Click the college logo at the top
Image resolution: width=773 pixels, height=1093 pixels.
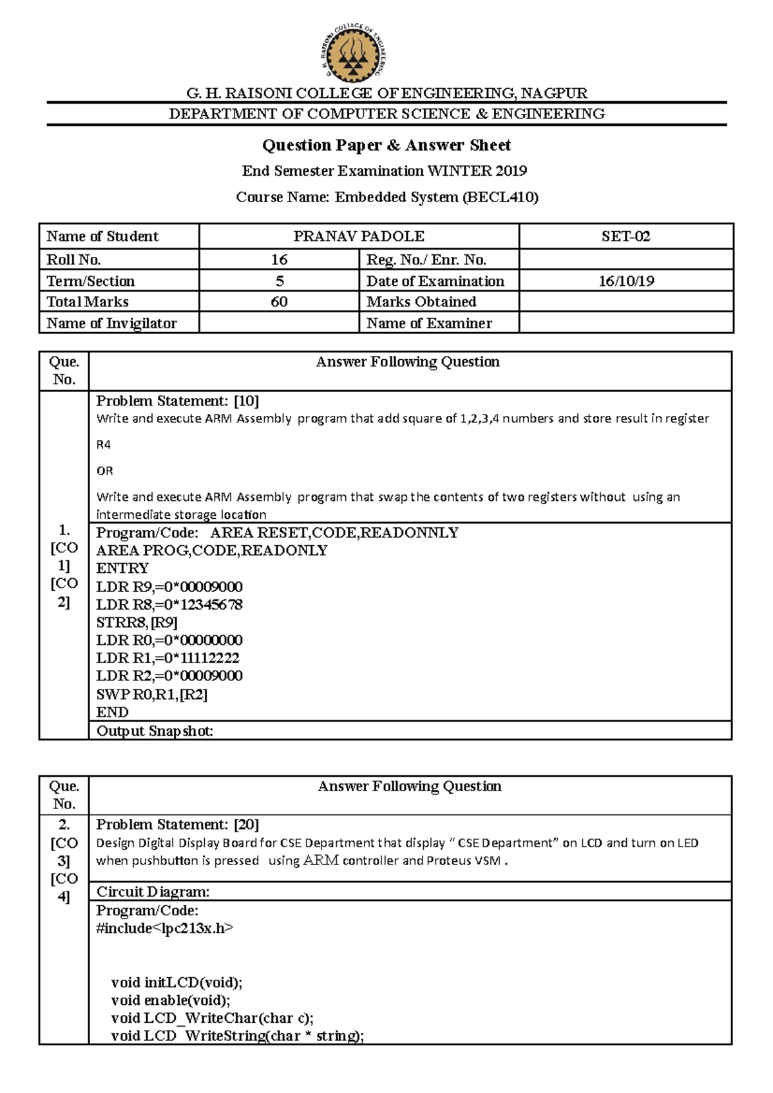coord(354,55)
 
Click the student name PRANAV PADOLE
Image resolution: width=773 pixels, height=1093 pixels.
coord(359,236)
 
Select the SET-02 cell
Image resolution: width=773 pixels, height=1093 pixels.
coord(625,236)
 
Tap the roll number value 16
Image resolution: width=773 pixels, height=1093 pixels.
coord(279,259)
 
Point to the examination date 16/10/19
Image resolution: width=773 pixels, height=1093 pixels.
coord(626,281)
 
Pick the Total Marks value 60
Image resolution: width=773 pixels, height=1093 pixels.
coord(279,302)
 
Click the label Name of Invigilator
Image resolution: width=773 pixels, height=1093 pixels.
coord(111,323)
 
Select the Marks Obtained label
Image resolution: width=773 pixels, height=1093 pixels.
coord(421,302)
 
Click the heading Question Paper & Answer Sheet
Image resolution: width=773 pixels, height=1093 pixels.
coord(386,145)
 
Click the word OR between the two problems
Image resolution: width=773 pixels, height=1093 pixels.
coord(104,471)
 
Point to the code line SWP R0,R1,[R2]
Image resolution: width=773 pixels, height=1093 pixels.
coord(151,694)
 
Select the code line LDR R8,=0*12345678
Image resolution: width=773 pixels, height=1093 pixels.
coord(169,604)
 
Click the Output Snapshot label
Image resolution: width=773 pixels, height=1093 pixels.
coord(155,731)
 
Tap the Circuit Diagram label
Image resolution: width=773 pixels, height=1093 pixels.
coord(153,892)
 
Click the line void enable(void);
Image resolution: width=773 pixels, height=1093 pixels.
coord(170,1000)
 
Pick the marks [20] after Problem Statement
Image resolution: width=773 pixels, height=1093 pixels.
coord(247,825)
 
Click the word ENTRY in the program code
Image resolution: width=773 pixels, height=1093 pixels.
coord(122,568)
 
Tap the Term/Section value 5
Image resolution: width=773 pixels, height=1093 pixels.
coord(279,281)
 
